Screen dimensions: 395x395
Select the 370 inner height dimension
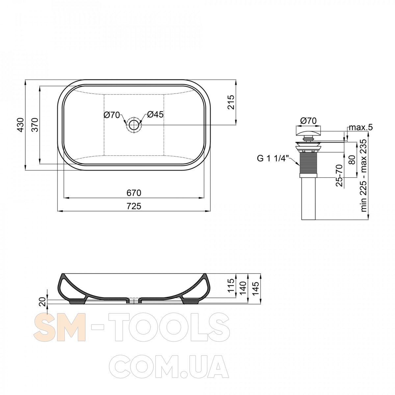coord(35,125)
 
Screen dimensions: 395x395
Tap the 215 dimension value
coord(231,102)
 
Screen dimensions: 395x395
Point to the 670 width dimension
coord(134,193)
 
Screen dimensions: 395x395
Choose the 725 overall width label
coord(134,206)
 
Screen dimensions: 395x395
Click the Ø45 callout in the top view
coord(155,115)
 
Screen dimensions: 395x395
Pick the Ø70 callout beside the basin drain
coord(112,115)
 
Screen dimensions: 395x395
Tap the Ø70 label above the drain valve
coord(308,121)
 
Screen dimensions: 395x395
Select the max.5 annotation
coord(361,127)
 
